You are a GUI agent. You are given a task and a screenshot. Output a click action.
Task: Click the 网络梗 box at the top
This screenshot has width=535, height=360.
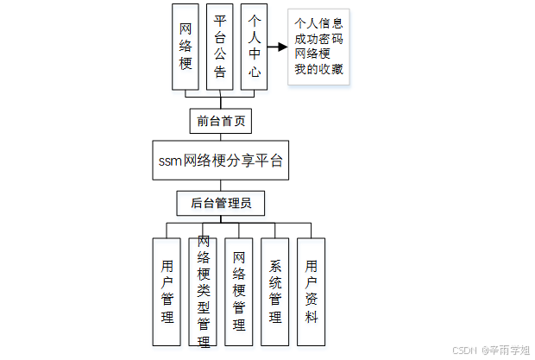[186, 47]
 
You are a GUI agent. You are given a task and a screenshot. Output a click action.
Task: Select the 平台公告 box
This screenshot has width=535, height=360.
[220, 47]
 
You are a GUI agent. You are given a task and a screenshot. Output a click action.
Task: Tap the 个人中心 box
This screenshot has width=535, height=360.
[254, 47]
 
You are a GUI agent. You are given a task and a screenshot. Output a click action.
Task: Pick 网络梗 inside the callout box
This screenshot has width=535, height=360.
[312, 54]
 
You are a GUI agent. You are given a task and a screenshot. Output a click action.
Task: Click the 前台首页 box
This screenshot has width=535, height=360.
[220, 121]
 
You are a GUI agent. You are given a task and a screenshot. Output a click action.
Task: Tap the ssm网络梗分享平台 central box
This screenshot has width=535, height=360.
[220, 161]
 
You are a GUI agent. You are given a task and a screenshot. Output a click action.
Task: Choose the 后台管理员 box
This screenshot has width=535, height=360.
[220, 204]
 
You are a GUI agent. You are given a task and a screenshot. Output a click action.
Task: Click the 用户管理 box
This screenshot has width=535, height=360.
[167, 292]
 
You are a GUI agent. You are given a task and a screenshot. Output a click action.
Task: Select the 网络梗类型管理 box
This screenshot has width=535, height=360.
[204, 292]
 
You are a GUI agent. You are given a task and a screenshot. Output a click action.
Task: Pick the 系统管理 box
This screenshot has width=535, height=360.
[275, 292]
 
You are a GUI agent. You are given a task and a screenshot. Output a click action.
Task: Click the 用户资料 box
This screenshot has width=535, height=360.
[311, 292]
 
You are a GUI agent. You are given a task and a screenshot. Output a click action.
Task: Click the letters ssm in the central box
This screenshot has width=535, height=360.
[171, 161]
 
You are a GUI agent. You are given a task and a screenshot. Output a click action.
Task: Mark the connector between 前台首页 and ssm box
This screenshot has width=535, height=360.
[220, 136]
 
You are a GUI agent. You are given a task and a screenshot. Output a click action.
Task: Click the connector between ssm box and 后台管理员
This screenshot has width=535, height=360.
[220, 185]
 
